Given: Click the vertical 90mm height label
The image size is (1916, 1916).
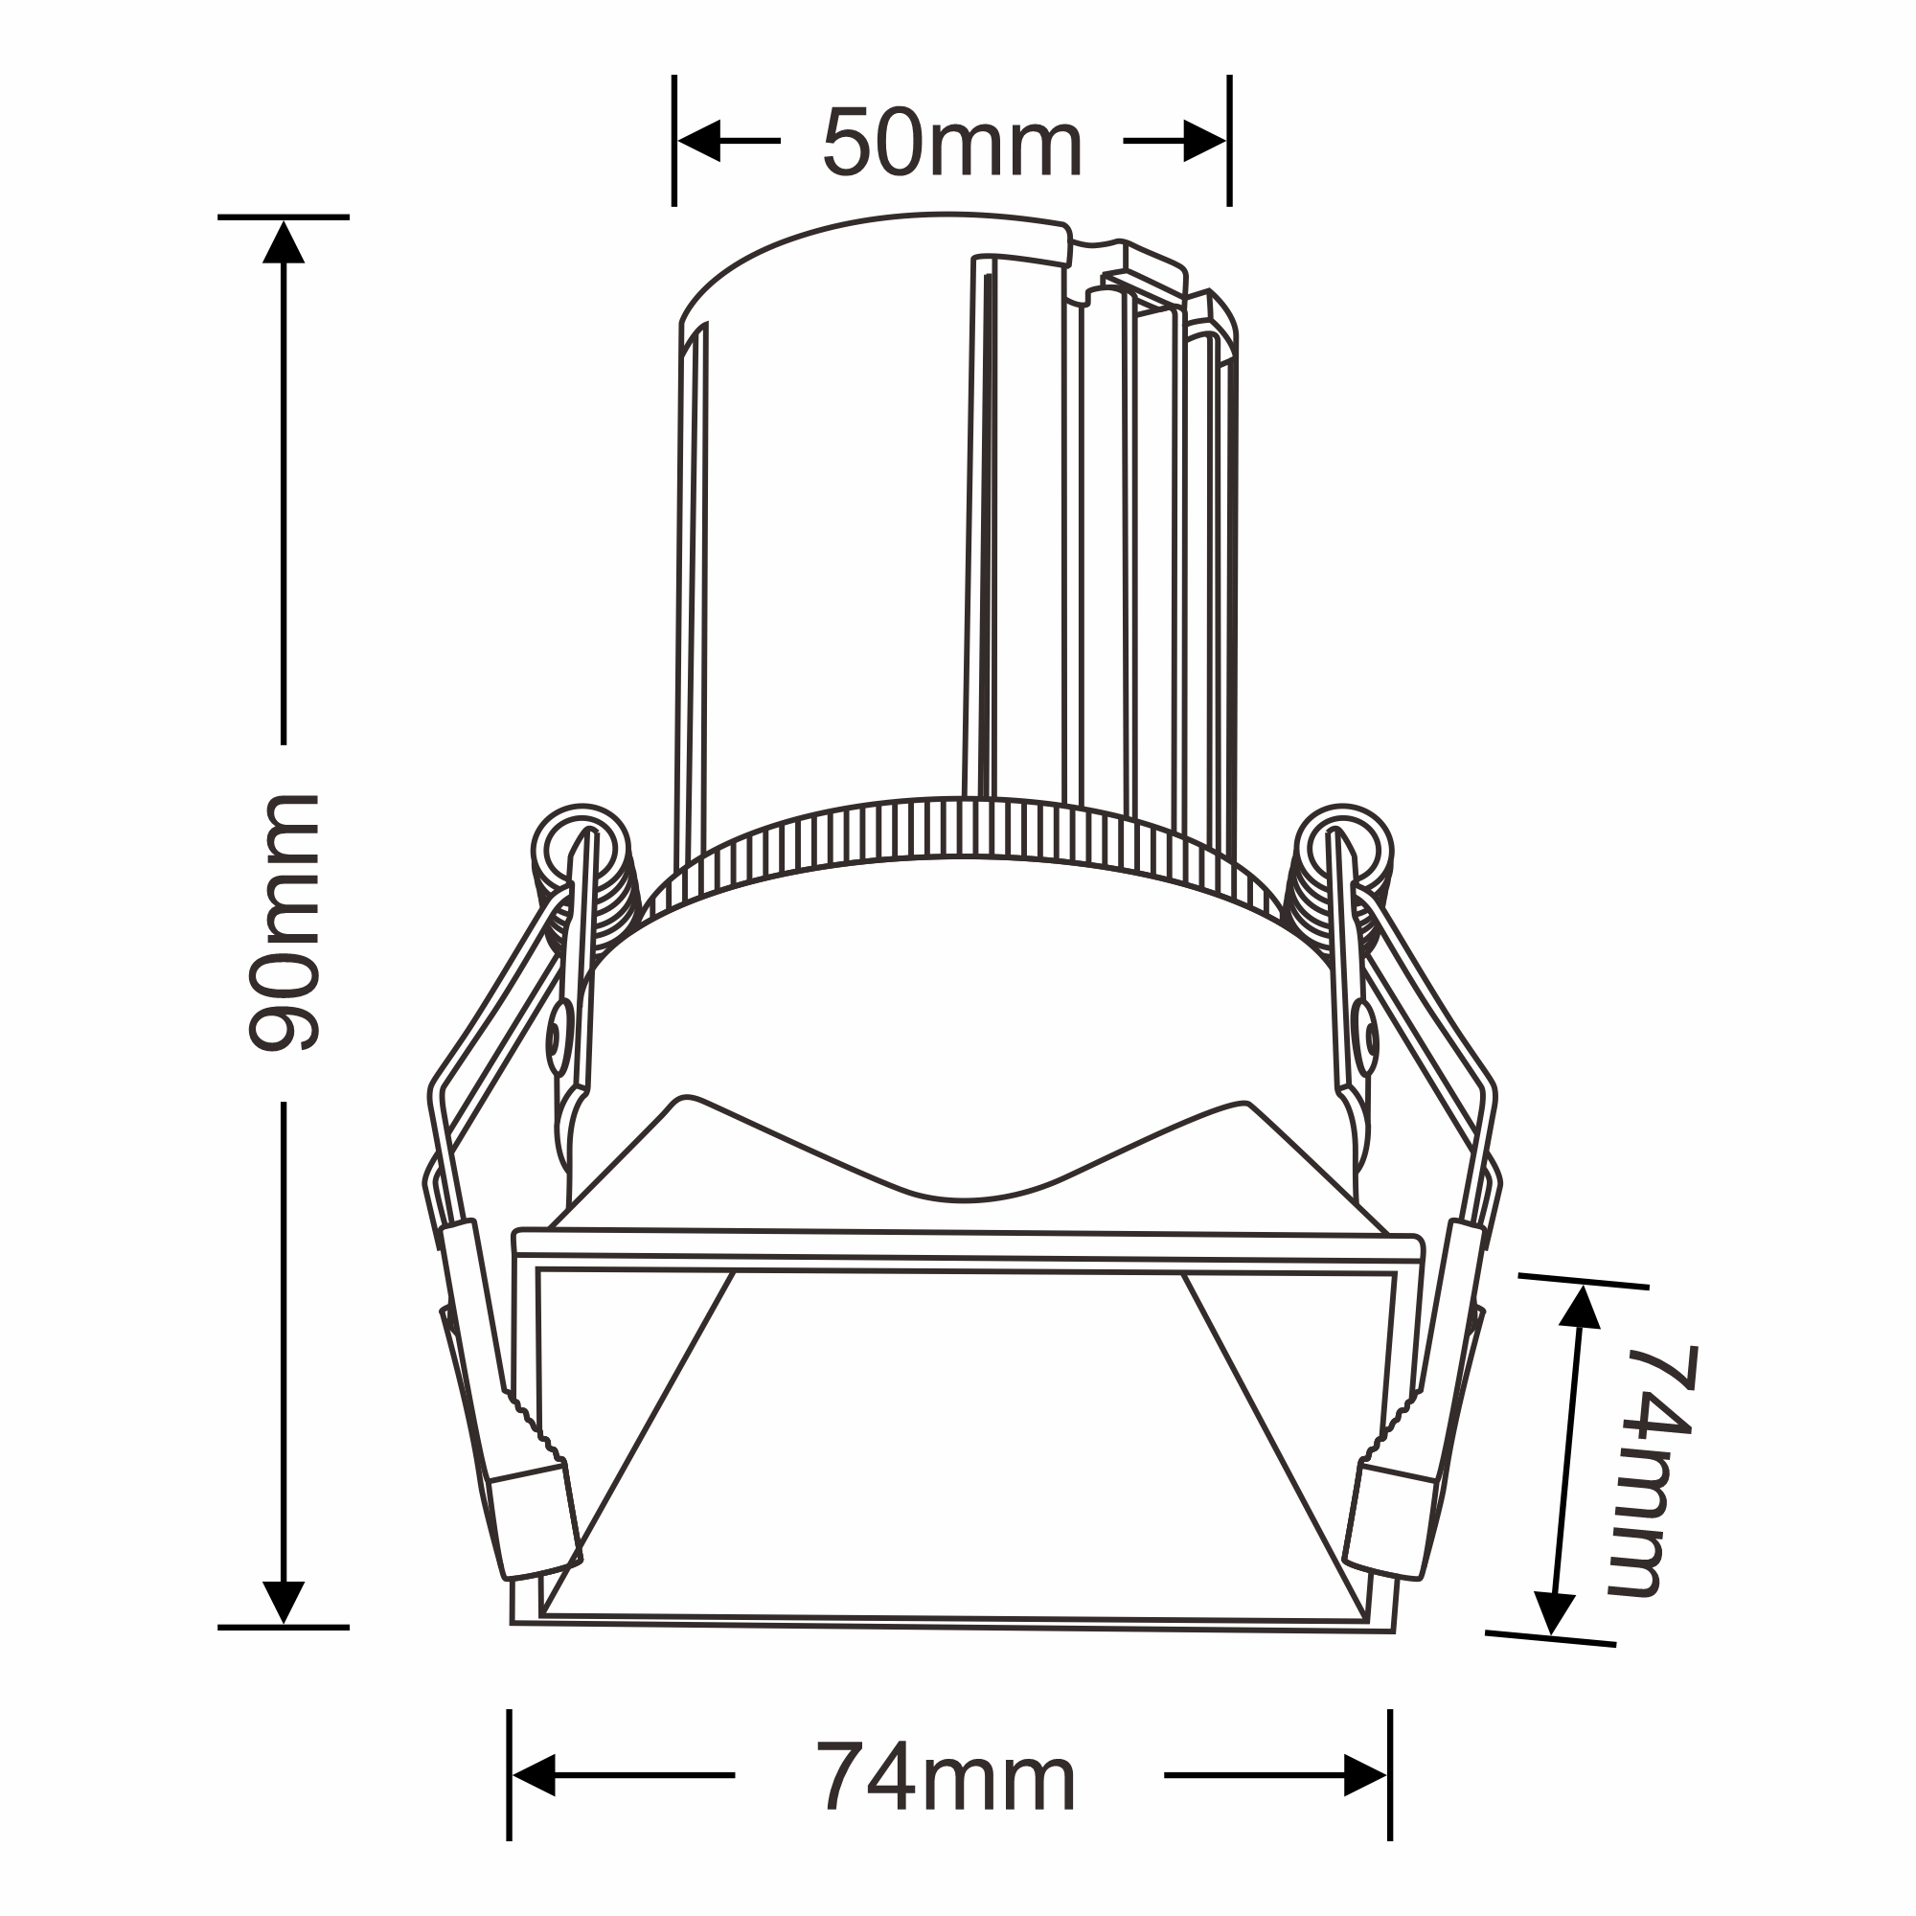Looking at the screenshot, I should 284,923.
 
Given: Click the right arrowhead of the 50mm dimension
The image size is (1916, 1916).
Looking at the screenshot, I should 1205,141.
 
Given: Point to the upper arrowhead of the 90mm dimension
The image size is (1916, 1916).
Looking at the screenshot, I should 284,243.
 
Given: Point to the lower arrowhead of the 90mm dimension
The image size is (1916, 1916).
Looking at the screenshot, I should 284,1603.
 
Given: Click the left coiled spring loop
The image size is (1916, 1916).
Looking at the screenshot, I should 582,853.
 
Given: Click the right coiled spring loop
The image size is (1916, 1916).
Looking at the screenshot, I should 1343,853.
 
